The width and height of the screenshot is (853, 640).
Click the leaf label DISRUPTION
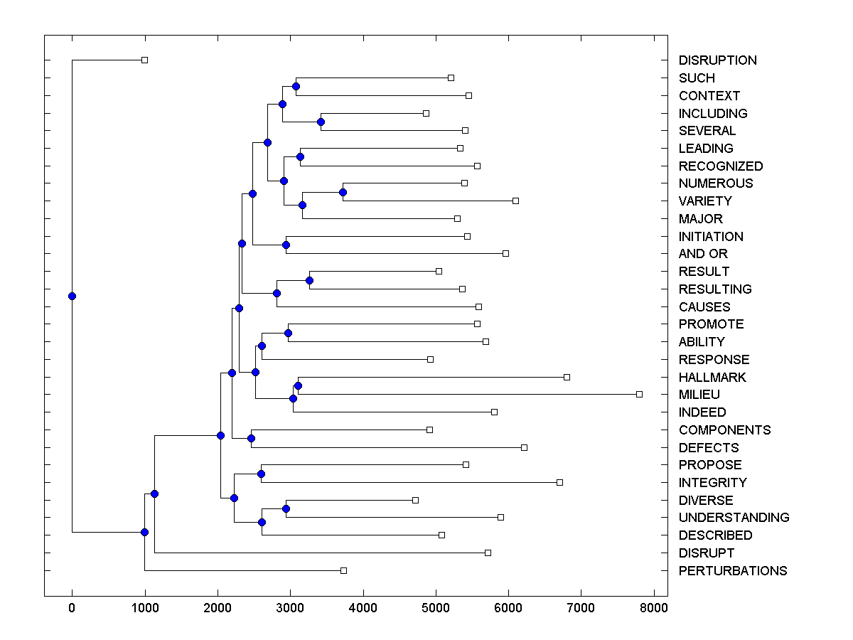point(717,60)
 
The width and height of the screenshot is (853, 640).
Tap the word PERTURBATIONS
point(732,571)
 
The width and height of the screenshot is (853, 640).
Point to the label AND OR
point(703,254)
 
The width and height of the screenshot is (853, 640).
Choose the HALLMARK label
point(712,378)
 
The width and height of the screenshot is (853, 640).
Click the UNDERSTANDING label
point(734,518)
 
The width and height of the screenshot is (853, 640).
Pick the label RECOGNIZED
point(721,166)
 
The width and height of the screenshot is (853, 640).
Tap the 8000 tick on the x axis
point(654,608)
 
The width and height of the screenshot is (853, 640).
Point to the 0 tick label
point(72,608)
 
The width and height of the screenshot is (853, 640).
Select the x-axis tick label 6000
point(508,608)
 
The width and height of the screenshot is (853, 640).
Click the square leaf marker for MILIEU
point(639,394)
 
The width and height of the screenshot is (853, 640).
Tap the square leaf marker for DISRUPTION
point(144,60)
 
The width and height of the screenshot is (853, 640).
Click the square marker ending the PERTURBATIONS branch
point(343,570)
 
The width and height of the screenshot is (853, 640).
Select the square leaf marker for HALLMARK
point(567,377)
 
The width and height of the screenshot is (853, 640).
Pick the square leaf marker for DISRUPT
point(488,553)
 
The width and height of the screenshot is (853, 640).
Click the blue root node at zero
point(72,296)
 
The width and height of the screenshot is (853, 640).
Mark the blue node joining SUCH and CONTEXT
point(296,87)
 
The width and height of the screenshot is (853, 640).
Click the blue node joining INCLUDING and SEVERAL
point(321,122)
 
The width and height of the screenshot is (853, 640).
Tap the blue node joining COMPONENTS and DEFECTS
point(251,438)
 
